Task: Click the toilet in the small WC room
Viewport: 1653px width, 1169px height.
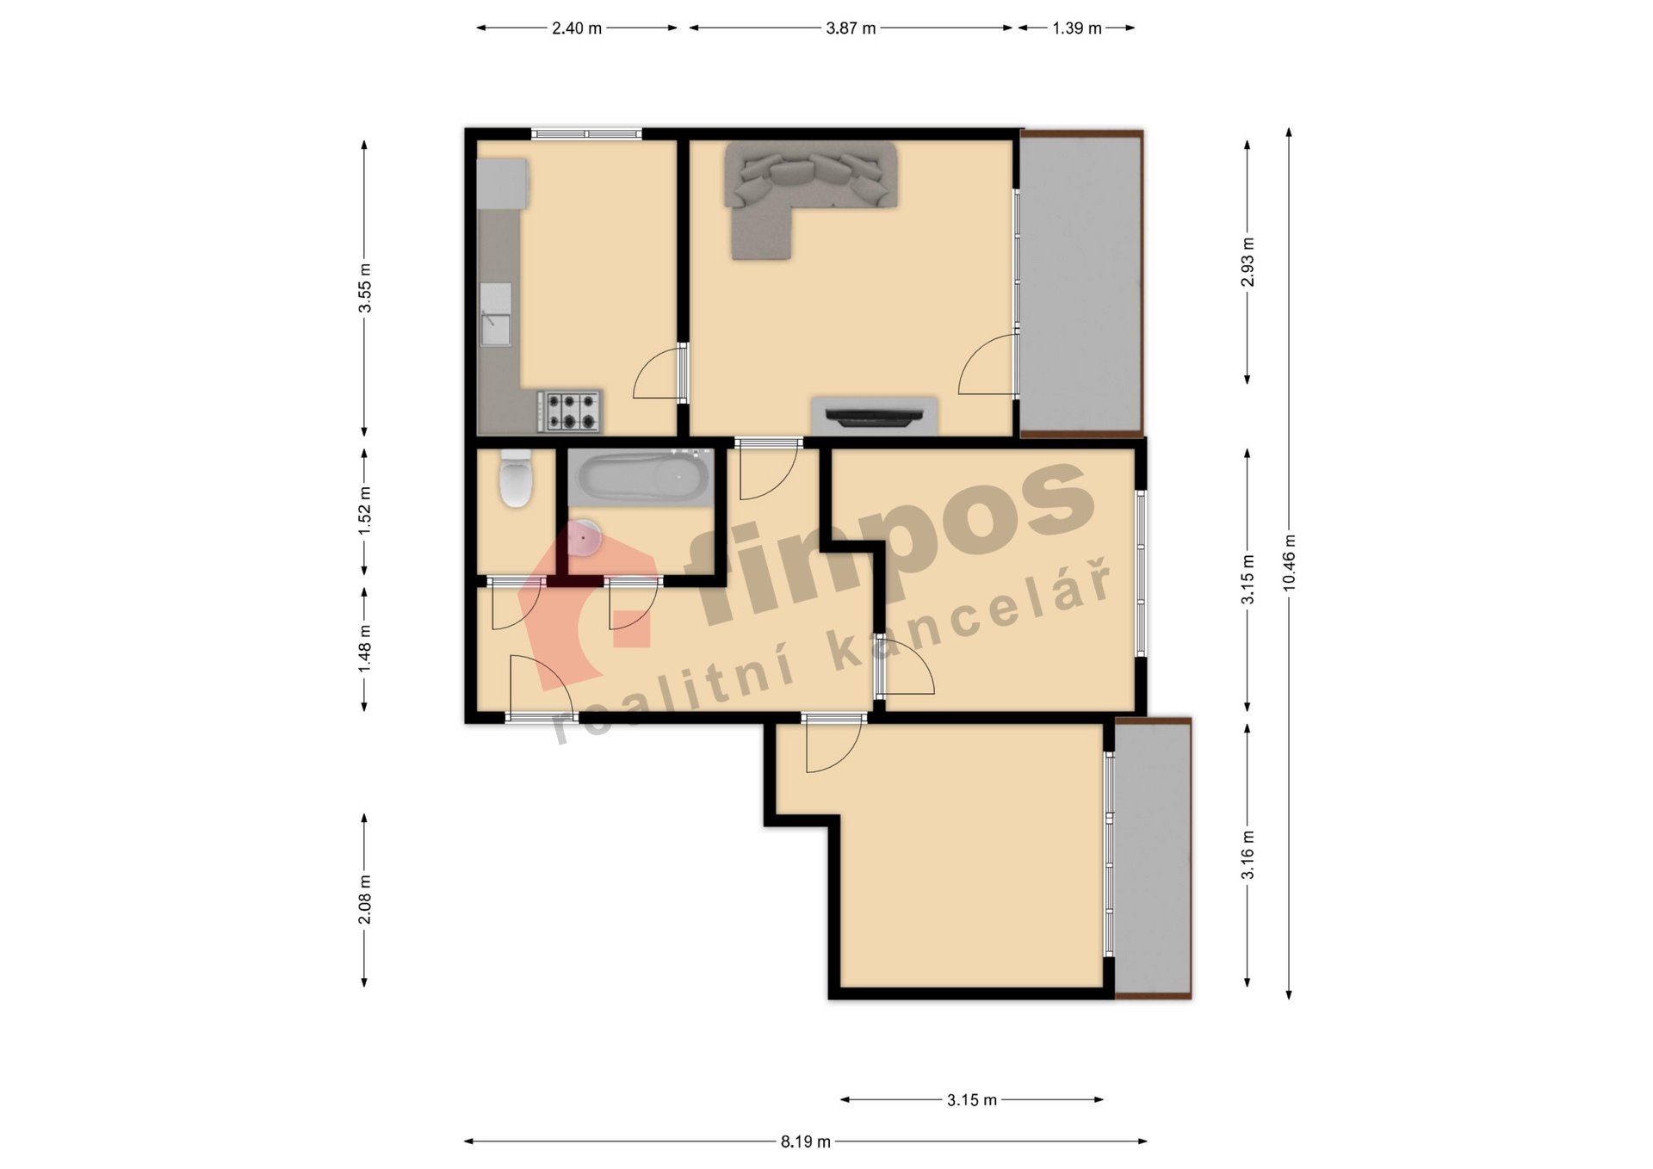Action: [x=516, y=478]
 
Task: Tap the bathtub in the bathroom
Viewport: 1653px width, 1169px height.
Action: [x=640, y=477]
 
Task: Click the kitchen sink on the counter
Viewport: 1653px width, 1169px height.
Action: [x=495, y=314]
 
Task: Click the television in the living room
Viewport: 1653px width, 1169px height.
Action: [x=874, y=417]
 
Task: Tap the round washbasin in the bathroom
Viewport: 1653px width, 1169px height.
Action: [x=585, y=537]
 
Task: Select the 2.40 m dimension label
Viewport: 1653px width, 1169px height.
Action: [x=577, y=28]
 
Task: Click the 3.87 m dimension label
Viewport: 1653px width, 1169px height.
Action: [x=851, y=28]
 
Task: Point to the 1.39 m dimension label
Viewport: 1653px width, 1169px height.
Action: [x=1077, y=28]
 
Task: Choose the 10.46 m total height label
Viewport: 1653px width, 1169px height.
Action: [x=1289, y=562]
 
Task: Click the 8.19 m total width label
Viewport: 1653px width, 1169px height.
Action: [x=806, y=1141]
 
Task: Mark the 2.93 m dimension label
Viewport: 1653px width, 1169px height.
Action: [x=1247, y=262]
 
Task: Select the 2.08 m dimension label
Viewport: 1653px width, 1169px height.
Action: [x=365, y=900]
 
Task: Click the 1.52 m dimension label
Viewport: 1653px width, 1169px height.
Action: [x=365, y=511]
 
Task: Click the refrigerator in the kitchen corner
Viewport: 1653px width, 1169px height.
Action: [x=503, y=182]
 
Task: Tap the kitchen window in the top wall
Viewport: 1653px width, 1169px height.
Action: [x=586, y=133]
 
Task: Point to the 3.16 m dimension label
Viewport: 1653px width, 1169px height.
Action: [x=1247, y=855]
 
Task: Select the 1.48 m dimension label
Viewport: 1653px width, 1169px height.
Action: [x=365, y=650]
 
